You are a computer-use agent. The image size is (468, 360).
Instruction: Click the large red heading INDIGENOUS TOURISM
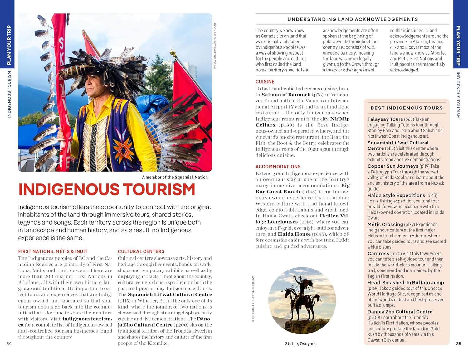[107, 189]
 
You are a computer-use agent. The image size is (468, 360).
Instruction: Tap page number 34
[9, 343]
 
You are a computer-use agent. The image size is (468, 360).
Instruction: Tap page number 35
[458, 343]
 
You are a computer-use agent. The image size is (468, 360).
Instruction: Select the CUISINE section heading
[265, 82]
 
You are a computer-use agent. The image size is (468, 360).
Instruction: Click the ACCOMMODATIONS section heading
[278, 167]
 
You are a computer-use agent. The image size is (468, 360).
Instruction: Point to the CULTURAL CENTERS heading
[141, 251]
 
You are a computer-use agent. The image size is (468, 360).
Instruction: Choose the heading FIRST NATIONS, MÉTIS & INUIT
[53, 251]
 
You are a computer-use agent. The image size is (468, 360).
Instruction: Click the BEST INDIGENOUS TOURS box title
[407, 108]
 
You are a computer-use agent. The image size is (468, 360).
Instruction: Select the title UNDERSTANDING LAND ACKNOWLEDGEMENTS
[353, 19]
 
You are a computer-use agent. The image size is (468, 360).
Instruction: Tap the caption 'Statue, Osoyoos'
[300, 344]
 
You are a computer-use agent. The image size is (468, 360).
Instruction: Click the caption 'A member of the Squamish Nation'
[175, 177]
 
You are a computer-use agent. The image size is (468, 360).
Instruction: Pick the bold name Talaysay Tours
[385, 119]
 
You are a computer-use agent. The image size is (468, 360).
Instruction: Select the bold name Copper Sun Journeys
[392, 166]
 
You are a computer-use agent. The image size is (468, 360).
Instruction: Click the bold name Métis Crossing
[385, 224]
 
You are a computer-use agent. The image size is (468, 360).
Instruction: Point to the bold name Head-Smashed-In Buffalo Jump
[405, 283]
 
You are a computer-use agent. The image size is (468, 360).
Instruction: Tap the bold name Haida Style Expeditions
[396, 195]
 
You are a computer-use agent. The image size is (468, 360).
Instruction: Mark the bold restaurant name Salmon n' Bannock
[286, 95]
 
